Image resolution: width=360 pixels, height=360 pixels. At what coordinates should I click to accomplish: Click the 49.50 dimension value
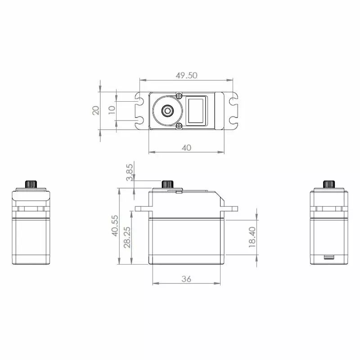click(186, 75)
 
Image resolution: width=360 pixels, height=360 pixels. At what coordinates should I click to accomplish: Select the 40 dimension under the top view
click(186, 147)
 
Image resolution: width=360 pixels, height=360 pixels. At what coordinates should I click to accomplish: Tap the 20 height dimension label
click(96, 111)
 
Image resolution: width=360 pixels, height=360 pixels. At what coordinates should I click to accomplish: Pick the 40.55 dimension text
click(115, 225)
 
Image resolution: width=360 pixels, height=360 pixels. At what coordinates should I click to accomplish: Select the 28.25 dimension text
click(127, 234)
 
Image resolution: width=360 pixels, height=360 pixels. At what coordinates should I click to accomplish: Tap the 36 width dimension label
click(186, 279)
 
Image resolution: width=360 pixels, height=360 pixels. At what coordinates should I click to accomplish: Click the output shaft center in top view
click(168, 110)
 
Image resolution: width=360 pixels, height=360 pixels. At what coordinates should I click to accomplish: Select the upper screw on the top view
click(179, 95)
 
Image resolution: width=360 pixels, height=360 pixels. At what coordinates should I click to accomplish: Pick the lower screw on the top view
click(179, 126)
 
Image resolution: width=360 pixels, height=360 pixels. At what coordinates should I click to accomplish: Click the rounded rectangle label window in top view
click(197, 110)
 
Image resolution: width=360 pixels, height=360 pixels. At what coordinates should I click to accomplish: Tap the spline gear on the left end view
click(31, 184)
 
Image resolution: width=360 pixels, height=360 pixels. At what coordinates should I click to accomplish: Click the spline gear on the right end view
click(329, 184)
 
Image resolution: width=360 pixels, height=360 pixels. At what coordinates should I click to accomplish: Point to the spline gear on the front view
click(168, 184)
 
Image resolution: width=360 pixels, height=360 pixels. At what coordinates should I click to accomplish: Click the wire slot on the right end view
click(329, 258)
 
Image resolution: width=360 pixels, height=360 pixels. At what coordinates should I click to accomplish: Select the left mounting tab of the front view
click(142, 208)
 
